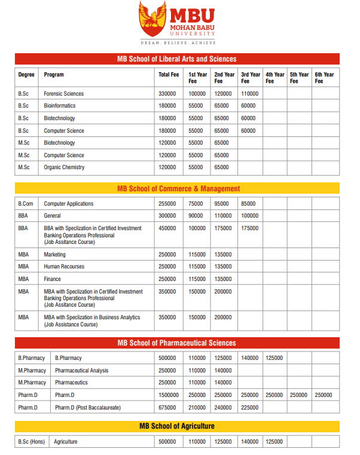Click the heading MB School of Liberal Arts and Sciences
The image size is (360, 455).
[176, 59]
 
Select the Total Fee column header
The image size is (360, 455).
[169, 75]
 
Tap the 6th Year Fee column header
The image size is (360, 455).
[324, 78]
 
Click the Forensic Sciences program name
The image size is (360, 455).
[64, 94]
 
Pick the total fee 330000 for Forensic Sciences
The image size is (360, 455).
[167, 94]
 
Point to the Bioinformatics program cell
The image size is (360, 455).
[60, 106]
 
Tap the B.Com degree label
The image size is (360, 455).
[26, 204]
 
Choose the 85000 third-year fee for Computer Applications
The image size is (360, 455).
[248, 204]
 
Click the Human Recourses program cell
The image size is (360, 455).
[64, 267]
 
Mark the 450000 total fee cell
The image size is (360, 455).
[167, 228]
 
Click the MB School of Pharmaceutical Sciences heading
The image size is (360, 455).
[176, 343]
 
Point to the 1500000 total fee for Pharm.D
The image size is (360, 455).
[169, 395]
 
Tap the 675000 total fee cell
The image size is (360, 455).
[167, 408]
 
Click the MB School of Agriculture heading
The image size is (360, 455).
[176, 426]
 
